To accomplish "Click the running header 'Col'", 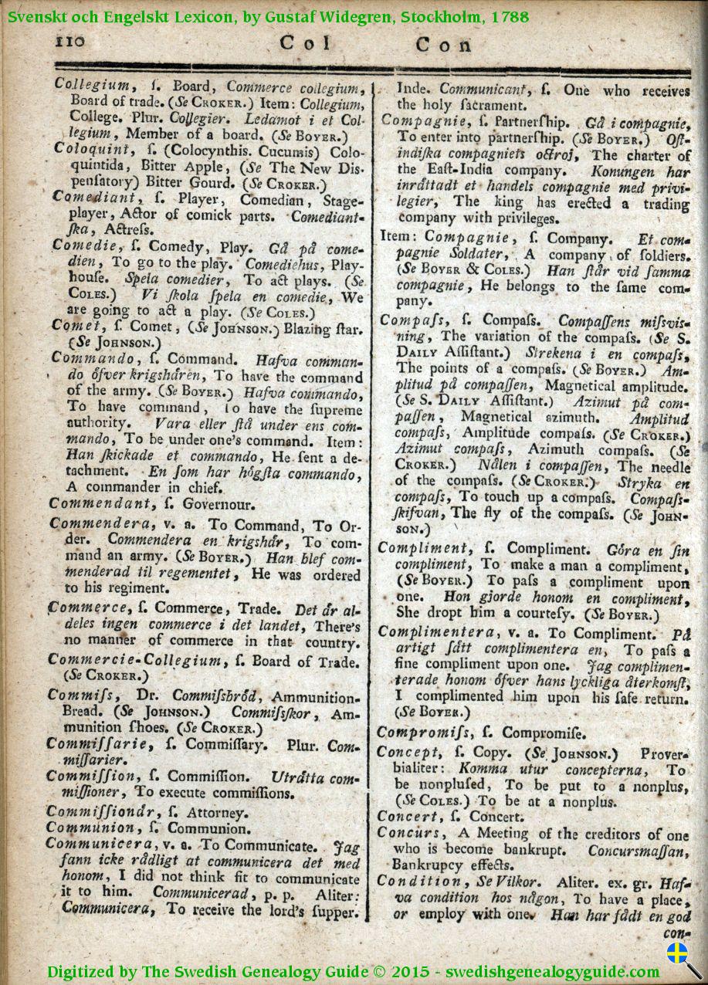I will click(305, 44).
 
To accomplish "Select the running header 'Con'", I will click(443, 45).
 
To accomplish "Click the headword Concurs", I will click(410, 833).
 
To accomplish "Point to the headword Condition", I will click(420, 882).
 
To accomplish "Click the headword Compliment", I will click(423, 548).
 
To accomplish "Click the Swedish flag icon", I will click(677, 954).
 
